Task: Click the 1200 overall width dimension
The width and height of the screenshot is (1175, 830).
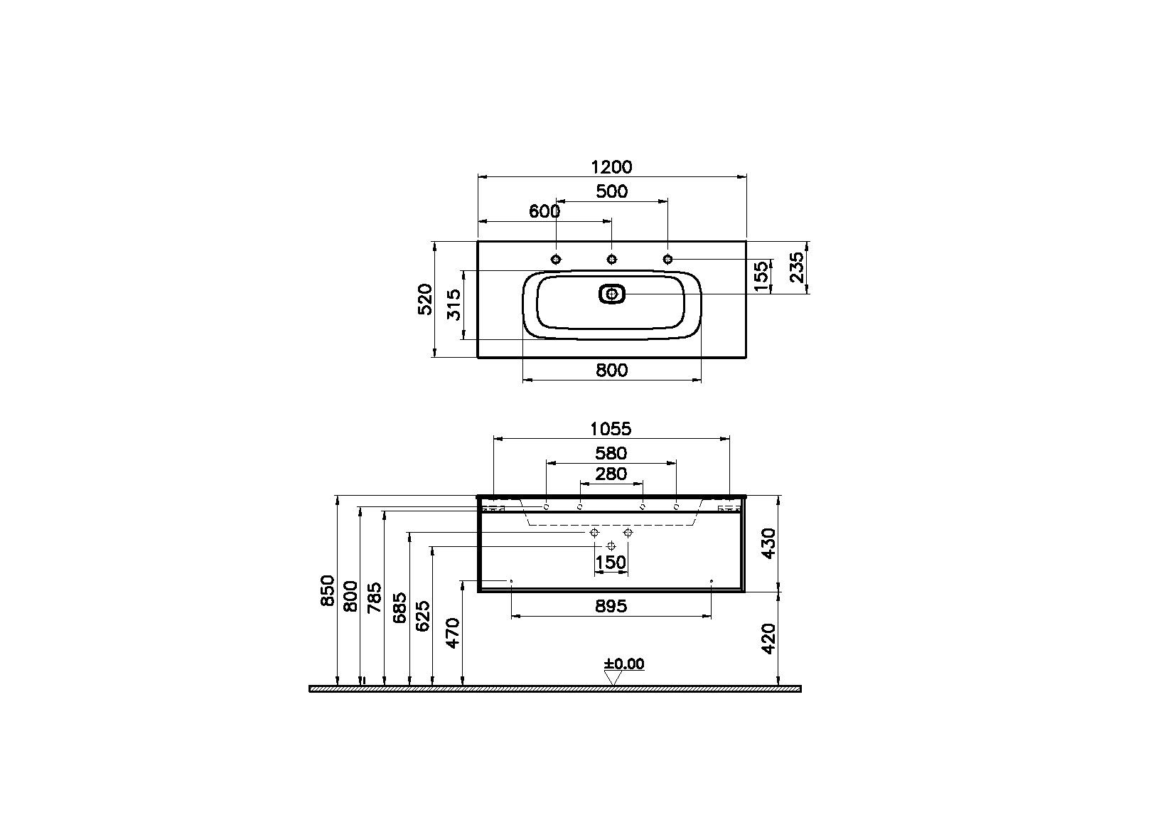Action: click(611, 167)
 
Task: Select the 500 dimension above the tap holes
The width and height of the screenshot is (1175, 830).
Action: click(611, 191)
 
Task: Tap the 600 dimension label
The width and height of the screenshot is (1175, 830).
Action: click(544, 211)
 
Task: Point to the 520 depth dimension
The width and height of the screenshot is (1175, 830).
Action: click(425, 299)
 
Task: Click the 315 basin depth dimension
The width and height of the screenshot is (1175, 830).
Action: click(454, 304)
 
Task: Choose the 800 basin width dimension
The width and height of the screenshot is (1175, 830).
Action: click(611, 371)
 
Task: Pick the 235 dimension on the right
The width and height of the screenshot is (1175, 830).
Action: click(797, 267)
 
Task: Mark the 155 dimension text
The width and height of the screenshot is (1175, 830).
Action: click(761, 276)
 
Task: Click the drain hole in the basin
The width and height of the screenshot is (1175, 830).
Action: click(612, 294)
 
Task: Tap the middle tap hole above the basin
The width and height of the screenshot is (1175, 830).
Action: click(611, 260)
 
